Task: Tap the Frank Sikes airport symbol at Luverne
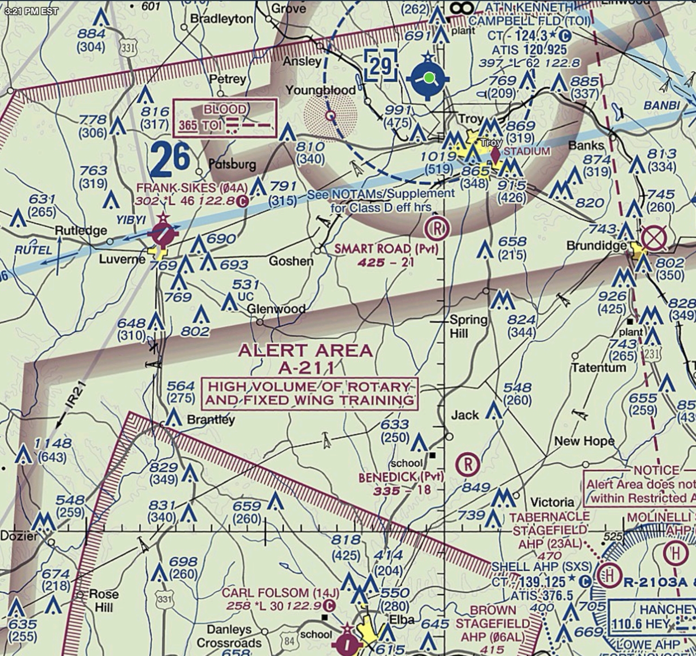click(x=162, y=233)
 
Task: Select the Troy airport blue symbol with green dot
click(x=428, y=78)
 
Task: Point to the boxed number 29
click(x=380, y=66)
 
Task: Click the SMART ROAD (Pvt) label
click(x=386, y=249)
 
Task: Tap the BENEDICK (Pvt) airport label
click(x=401, y=477)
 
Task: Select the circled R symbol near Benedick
click(x=467, y=464)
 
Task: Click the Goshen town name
click(x=291, y=261)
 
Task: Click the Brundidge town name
click(x=596, y=246)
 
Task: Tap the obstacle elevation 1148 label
click(x=52, y=444)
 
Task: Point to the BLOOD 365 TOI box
click(x=225, y=118)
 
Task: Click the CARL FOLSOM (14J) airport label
click(x=280, y=593)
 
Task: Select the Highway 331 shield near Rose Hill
click(x=164, y=599)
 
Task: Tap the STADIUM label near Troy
click(x=527, y=151)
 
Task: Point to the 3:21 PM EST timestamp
click(x=31, y=11)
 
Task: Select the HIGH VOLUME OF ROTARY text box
click(x=309, y=393)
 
